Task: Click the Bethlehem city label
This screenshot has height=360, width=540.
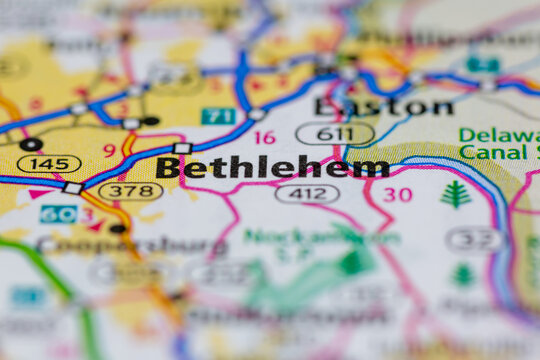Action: coord(272,167)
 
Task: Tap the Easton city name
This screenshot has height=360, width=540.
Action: coord(383,106)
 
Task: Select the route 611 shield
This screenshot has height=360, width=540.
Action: coord(335,133)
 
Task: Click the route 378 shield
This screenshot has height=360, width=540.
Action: coord(130,190)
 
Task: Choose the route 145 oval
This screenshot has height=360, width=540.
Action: coord(49,163)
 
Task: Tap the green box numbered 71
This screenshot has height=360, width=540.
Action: coord(218,116)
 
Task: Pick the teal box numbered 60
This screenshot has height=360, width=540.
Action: coord(57,214)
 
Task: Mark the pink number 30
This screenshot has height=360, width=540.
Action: coord(397,194)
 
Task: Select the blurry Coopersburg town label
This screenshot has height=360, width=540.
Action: coord(130,245)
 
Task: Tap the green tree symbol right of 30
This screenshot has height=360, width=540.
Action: coord(455,194)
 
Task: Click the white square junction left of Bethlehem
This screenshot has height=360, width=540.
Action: coord(181,149)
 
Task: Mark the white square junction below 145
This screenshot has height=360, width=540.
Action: coord(73,188)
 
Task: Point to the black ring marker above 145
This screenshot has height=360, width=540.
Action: coord(30,144)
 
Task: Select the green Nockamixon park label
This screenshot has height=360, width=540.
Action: coord(320,237)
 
